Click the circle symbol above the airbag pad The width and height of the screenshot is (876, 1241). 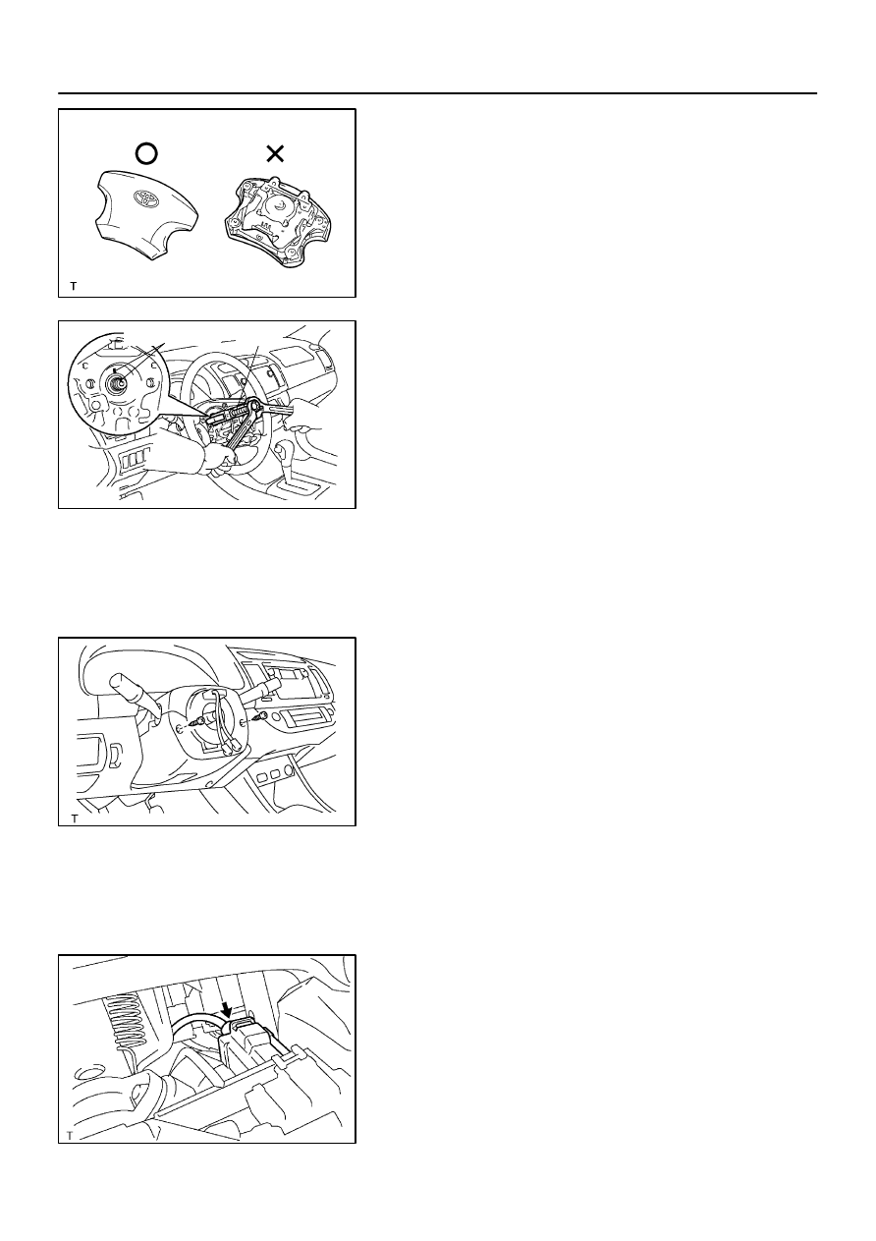click(x=146, y=153)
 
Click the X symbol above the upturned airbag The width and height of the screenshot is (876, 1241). click(x=275, y=153)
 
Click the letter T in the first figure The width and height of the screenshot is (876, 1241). click(x=74, y=287)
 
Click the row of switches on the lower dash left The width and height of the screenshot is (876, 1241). click(x=135, y=459)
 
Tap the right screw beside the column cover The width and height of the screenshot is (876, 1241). click(x=258, y=718)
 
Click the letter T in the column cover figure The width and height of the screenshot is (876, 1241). click(x=75, y=818)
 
